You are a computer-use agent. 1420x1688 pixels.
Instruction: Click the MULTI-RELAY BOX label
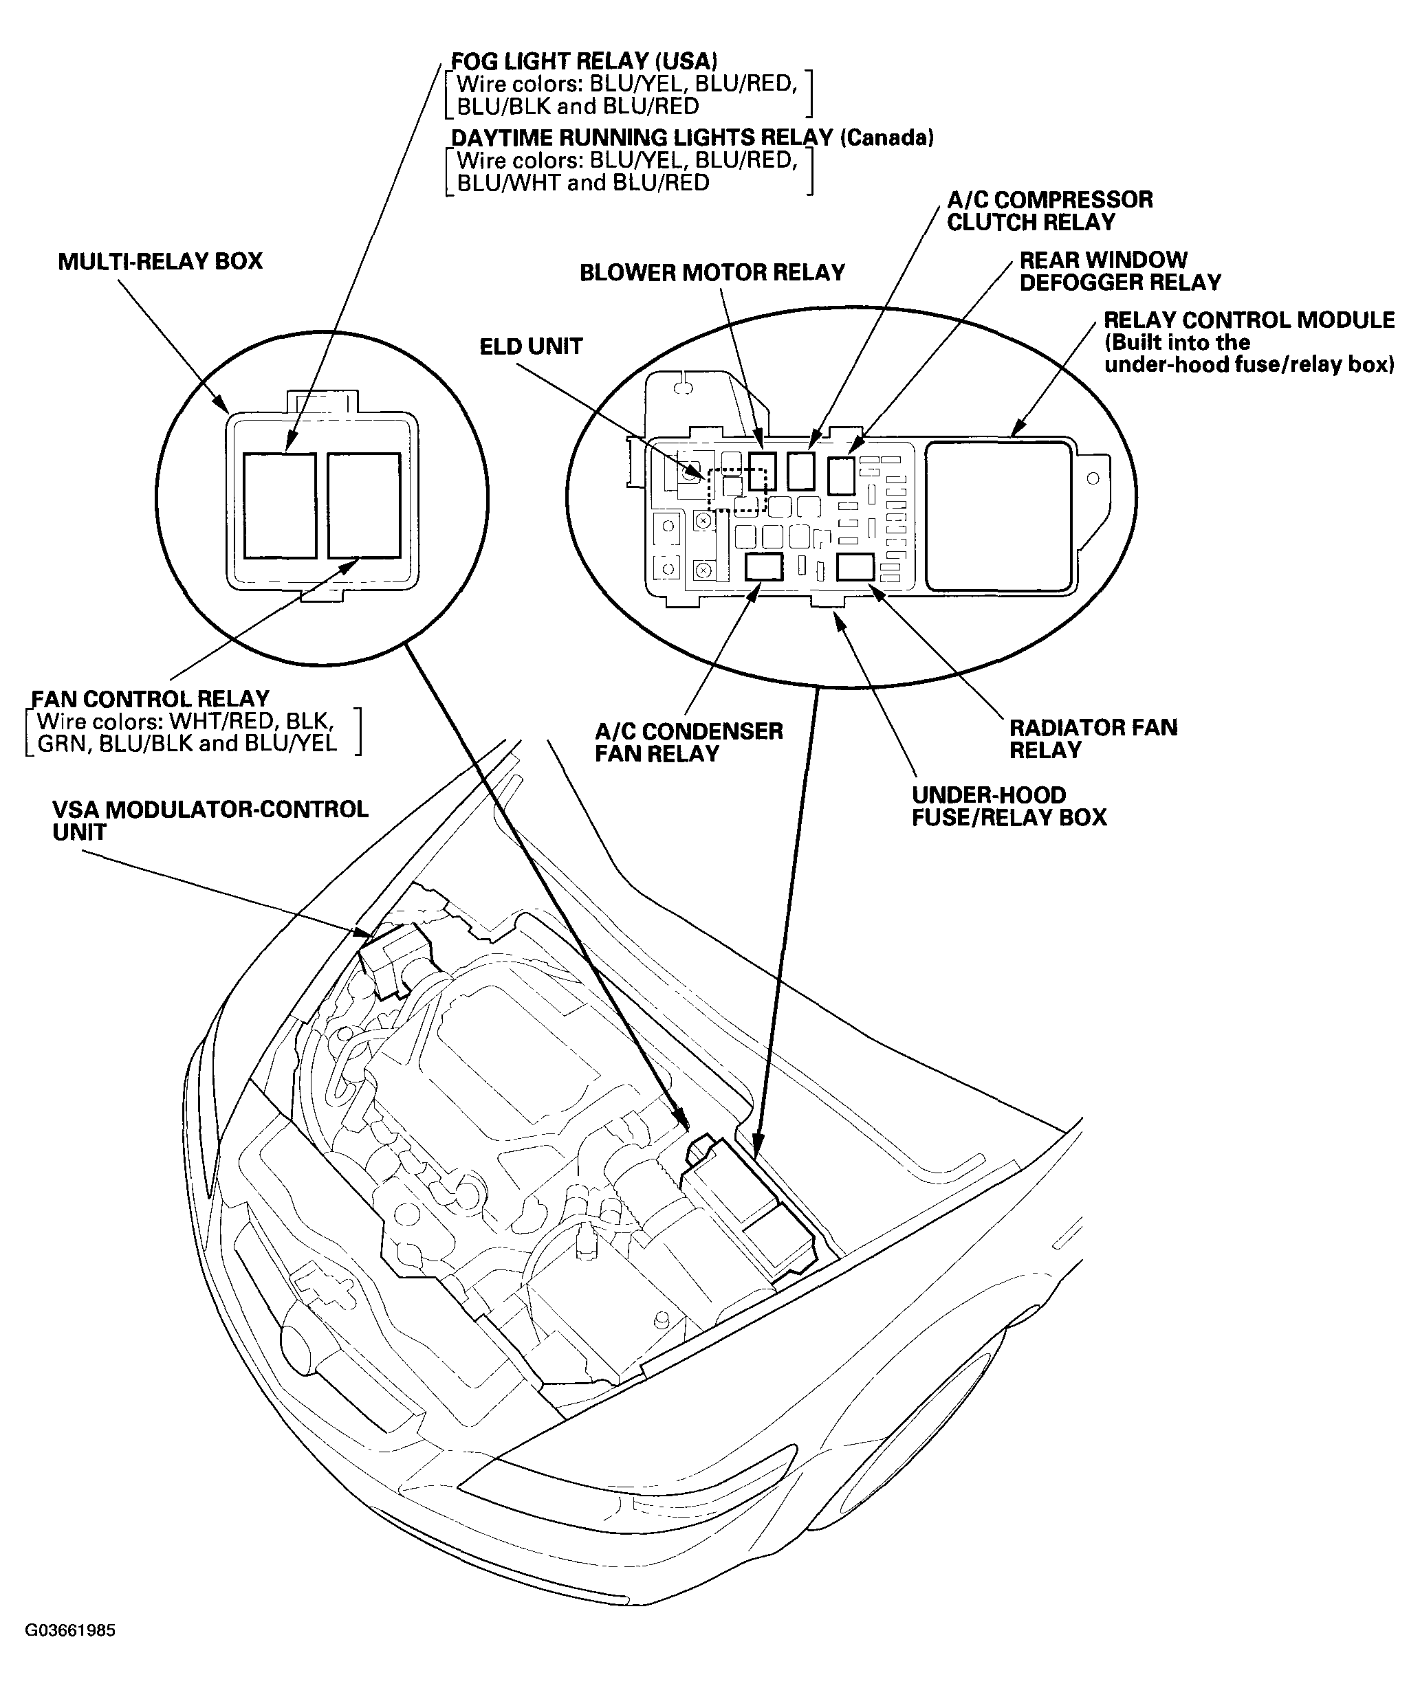click(x=160, y=261)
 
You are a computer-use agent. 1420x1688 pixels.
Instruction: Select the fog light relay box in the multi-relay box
click(x=279, y=505)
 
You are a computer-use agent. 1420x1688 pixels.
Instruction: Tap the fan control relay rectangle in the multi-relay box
click(x=364, y=505)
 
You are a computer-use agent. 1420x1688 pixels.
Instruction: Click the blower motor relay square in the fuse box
click(x=761, y=470)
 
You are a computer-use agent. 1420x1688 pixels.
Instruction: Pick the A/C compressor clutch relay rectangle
click(x=801, y=471)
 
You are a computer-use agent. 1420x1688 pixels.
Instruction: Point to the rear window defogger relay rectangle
click(x=840, y=475)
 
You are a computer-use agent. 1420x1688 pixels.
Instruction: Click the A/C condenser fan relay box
click(x=763, y=567)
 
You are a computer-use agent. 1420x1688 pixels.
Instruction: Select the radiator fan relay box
click(x=855, y=566)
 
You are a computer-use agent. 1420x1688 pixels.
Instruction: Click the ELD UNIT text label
click(x=530, y=347)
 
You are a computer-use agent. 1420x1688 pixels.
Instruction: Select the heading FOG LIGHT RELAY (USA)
click(x=584, y=61)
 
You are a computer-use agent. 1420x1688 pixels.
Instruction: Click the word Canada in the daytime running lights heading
click(x=886, y=137)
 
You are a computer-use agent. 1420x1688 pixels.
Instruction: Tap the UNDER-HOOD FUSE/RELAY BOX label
click(x=1009, y=806)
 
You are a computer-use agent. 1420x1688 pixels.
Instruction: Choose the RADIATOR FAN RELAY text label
click(x=1093, y=739)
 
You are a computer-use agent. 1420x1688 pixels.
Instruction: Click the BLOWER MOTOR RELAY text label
click(x=712, y=273)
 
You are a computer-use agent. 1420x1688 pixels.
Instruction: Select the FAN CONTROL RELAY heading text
click(x=151, y=698)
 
